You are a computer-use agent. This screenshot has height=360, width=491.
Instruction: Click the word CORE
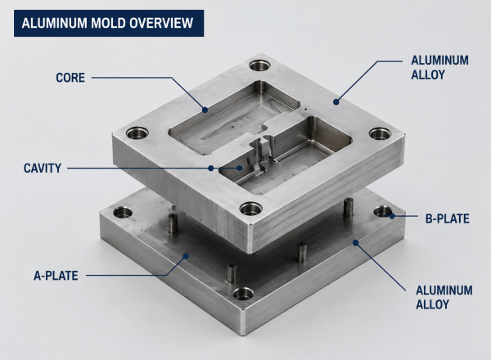[70, 78]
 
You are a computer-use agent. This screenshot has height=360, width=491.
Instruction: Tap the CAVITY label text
[43, 168]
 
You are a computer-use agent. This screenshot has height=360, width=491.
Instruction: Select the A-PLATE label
[56, 276]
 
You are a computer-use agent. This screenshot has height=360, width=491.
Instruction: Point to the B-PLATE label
[447, 218]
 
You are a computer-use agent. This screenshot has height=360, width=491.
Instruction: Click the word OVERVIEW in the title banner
[161, 23]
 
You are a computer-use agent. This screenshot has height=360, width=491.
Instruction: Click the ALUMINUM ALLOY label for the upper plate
[439, 68]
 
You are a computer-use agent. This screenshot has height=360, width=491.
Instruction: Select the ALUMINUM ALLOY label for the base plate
[444, 297]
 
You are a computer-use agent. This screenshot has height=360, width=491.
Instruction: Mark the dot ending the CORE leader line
[205, 110]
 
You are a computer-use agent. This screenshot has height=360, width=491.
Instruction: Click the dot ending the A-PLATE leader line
[186, 256]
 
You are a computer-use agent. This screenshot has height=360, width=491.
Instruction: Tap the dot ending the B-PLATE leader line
[392, 216]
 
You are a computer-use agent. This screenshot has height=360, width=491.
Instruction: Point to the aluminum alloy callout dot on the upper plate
[336, 101]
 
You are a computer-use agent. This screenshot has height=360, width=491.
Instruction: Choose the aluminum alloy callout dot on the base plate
[355, 243]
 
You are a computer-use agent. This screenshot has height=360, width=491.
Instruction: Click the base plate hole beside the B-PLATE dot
[383, 212]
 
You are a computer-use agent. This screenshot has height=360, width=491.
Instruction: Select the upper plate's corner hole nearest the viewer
[250, 209]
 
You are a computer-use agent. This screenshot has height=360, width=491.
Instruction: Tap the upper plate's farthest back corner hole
[260, 65]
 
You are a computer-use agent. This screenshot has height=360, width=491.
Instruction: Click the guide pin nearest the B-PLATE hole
[349, 208]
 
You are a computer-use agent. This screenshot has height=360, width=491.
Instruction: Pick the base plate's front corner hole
[243, 294]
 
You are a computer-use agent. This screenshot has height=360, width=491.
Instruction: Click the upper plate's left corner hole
[137, 133]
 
